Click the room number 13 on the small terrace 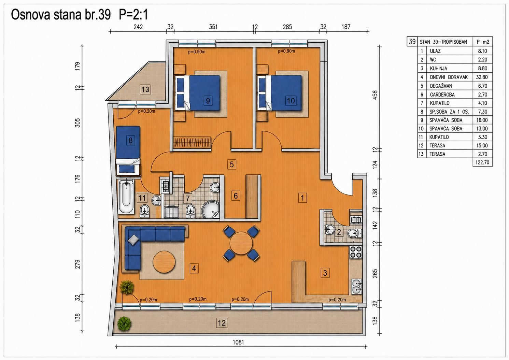click(x=145, y=89)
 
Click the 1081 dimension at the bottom click(x=238, y=342)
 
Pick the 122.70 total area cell click(x=482, y=162)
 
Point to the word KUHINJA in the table click(x=438, y=68)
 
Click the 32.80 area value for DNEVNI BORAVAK click(x=482, y=77)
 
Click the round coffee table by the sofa click(x=164, y=262)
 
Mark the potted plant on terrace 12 click(x=124, y=323)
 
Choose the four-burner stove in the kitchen click(x=356, y=252)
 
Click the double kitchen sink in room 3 click(x=356, y=287)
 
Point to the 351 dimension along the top click(x=213, y=27)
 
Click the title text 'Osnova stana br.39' click(x=61, y=15)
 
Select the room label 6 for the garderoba click(x=236, y=196)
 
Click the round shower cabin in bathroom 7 click(x=211, y=210)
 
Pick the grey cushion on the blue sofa click(x=134, y=240)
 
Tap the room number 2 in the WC click(x=339, y=232)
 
